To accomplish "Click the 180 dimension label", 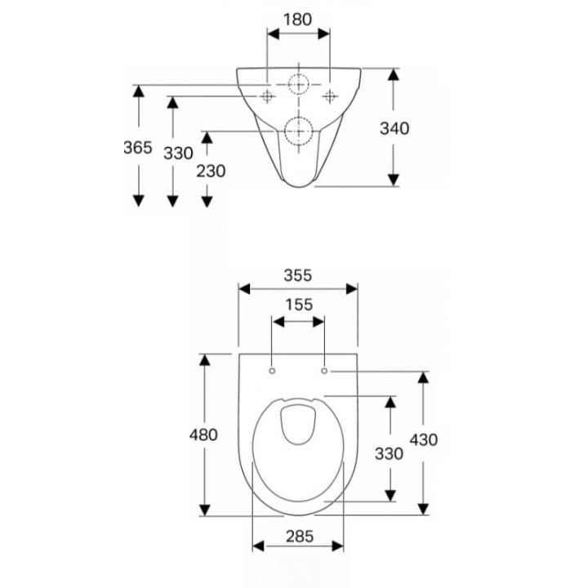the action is tap(297, 20).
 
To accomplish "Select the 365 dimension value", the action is tap(138, 147).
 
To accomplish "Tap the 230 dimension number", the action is tap(212, 171).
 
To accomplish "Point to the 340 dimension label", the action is tap(394, 129).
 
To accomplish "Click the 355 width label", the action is tap(298, 276).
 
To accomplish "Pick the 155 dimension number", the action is tap(299, 305).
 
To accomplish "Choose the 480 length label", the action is tap(203, 435).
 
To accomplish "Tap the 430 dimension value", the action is tap(424, 439).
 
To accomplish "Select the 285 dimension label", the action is tap(300, 537).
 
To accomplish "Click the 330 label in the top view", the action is tap(390, 454).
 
